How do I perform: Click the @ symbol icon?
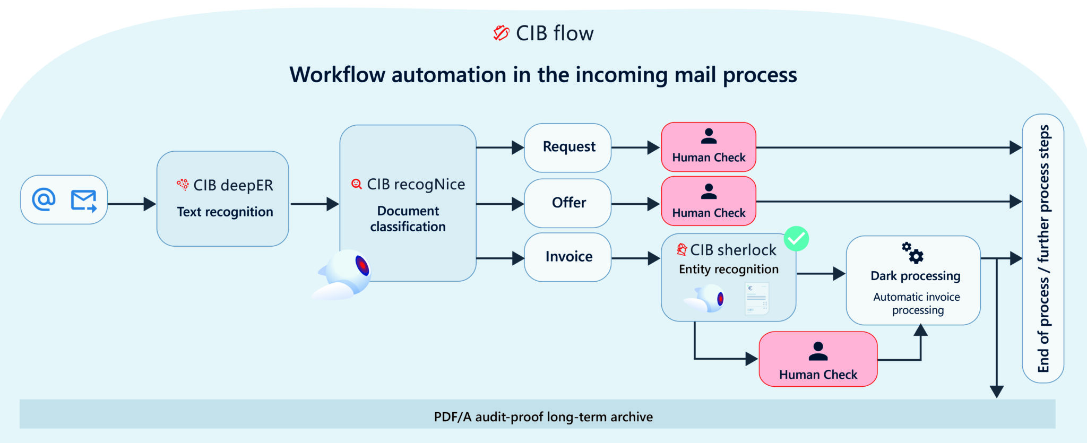pyautogui.click(x=44, y=199)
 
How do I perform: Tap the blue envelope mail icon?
pyautogui.click(x=84, y=201)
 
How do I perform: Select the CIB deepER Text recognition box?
pyautogui.click(x=222, y=198)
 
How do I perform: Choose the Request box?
pyautogui.click(x=567, y=147)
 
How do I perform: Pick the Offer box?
pyautogui.click(x=567, y=203)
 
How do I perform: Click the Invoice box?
pyautogui.click(x=567, y=257)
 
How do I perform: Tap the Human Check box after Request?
pyautogui.click(x=708, y=147)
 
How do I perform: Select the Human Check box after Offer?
pyautogui.click(x=708, y=201)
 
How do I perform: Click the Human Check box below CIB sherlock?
pyautogui.click(x=817, y=359)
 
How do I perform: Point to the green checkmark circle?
pyautogui.click(x=796, y=239)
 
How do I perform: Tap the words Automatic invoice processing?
pyautogui.click(x=917, y=303)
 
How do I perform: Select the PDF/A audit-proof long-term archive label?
pyautogui.click(x=543, y=417)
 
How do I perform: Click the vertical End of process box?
pyautogui.click(x=1043, y=248)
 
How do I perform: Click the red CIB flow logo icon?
pyautogui.click(x=501, y=33)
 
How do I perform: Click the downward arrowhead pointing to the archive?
pyautogui.click(x=996, y=392)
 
